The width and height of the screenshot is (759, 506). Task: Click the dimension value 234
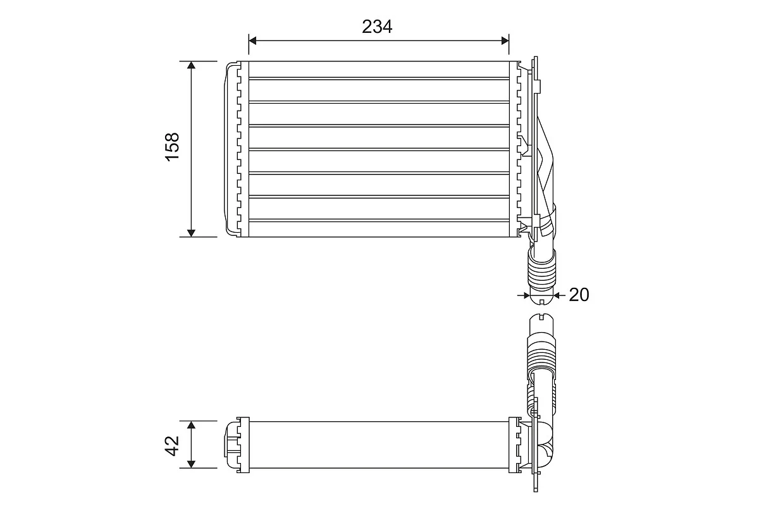pos(377,27)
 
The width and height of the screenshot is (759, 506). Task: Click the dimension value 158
pos(172,147)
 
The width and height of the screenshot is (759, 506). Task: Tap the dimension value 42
pos(172,446)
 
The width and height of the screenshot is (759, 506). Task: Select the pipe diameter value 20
pos(579,295)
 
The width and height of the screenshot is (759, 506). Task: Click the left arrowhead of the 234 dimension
pos(253,40)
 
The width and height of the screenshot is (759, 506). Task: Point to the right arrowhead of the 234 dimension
pos(505,40)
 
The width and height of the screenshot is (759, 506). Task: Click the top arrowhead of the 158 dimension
pos(191,65)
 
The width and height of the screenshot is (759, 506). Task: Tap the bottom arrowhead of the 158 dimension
pos(191,233)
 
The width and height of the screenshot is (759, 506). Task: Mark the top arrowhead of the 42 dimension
pos(191,425)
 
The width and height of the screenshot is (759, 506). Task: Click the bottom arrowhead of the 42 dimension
pos(191,464)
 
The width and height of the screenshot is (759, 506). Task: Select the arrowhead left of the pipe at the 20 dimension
pos(526,295)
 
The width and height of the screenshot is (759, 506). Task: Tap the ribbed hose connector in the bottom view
pos(541,354)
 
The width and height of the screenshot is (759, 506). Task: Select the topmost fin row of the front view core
pos(379,70)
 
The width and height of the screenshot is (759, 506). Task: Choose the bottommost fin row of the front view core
pos(379,229)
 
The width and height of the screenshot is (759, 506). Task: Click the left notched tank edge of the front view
pos(239,149)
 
